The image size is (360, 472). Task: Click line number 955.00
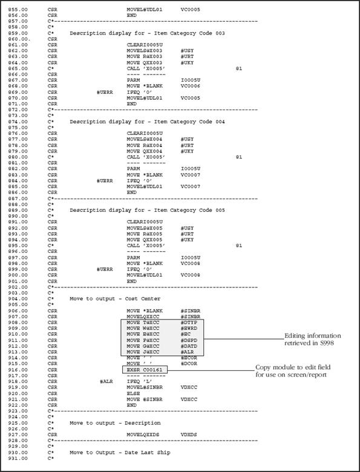click(15, 11)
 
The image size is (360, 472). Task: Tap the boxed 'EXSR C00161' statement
click(145, 369)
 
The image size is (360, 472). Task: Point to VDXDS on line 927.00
click(189, 435)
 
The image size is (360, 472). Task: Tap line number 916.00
click(15, 369)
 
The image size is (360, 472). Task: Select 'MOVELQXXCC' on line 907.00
click(143, 316)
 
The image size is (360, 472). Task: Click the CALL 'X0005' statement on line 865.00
click(145, 68)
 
